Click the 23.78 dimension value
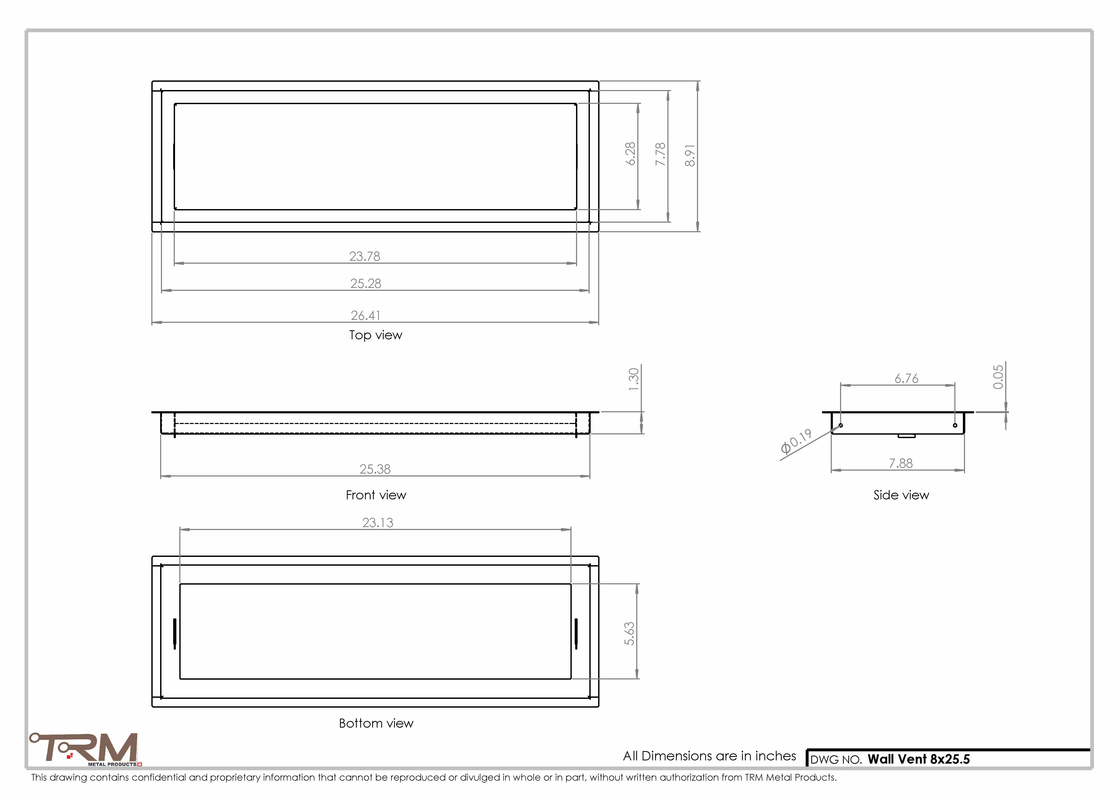pos(365,256)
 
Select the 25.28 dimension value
pos(366,283)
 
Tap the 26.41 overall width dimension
pos(365,315)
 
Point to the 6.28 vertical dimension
pos(630,154)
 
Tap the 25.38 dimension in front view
pos(375,469)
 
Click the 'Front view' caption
pos(376,495)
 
